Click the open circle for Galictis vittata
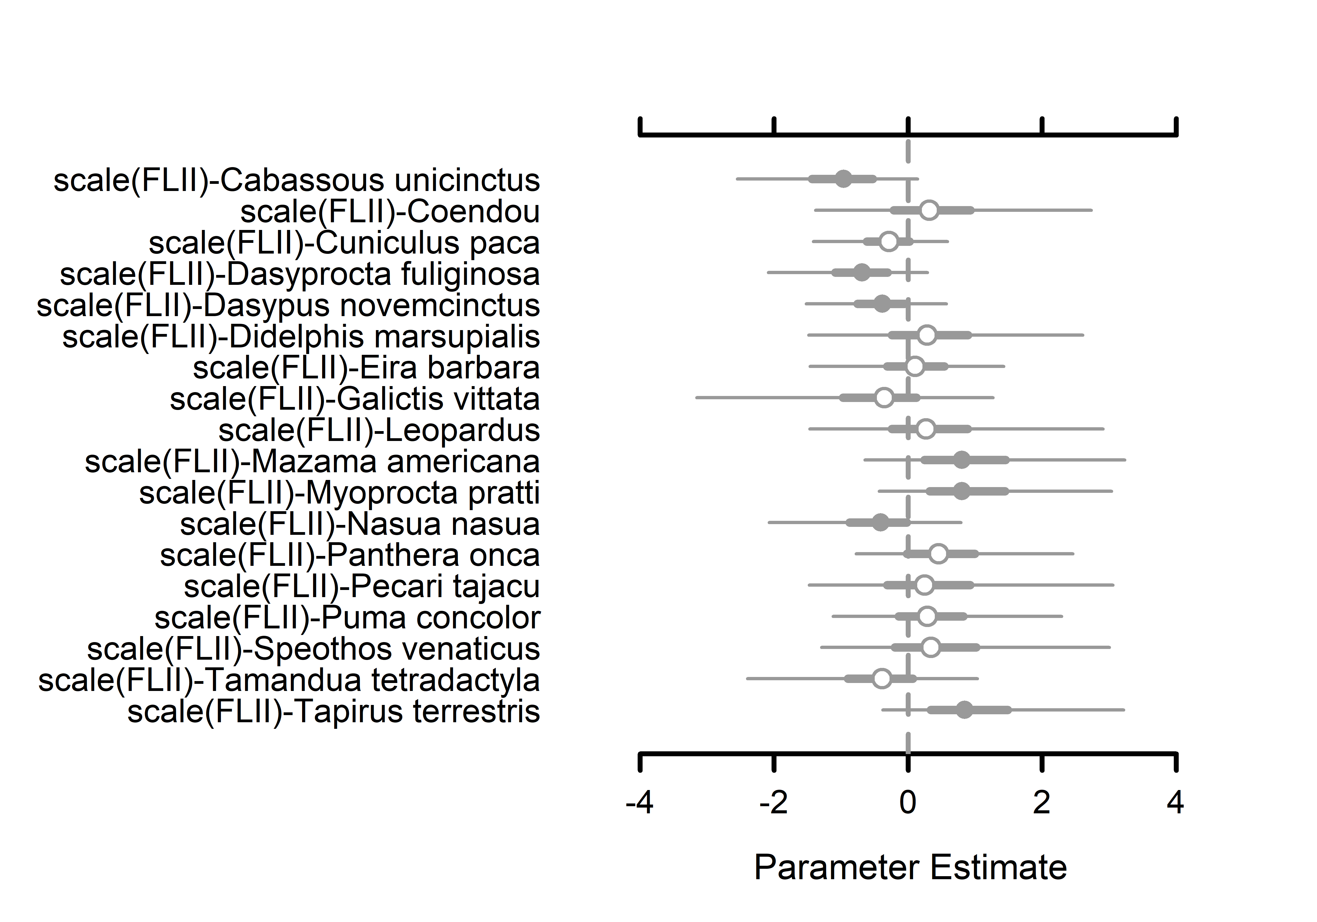pyautogui.click(x=885, y=398)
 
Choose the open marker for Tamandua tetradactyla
pyautogui.click(x=882, y=679)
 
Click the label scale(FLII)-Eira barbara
pyautogui.click(x=366, y=368)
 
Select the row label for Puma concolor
pyautogui.click(x=347, y=617)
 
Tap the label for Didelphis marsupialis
pyautogui.click(x=301, y=337)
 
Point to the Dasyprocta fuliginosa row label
pyautogui.click(x=299, y=274)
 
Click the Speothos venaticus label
pyautogui.click(x=313, y=649)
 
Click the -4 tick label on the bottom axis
pyautogui.click(x=640, y=802)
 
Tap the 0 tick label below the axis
pyautogui.click(x=907, y=802)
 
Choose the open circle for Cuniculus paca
pyautogui.click(x=888, y=241)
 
